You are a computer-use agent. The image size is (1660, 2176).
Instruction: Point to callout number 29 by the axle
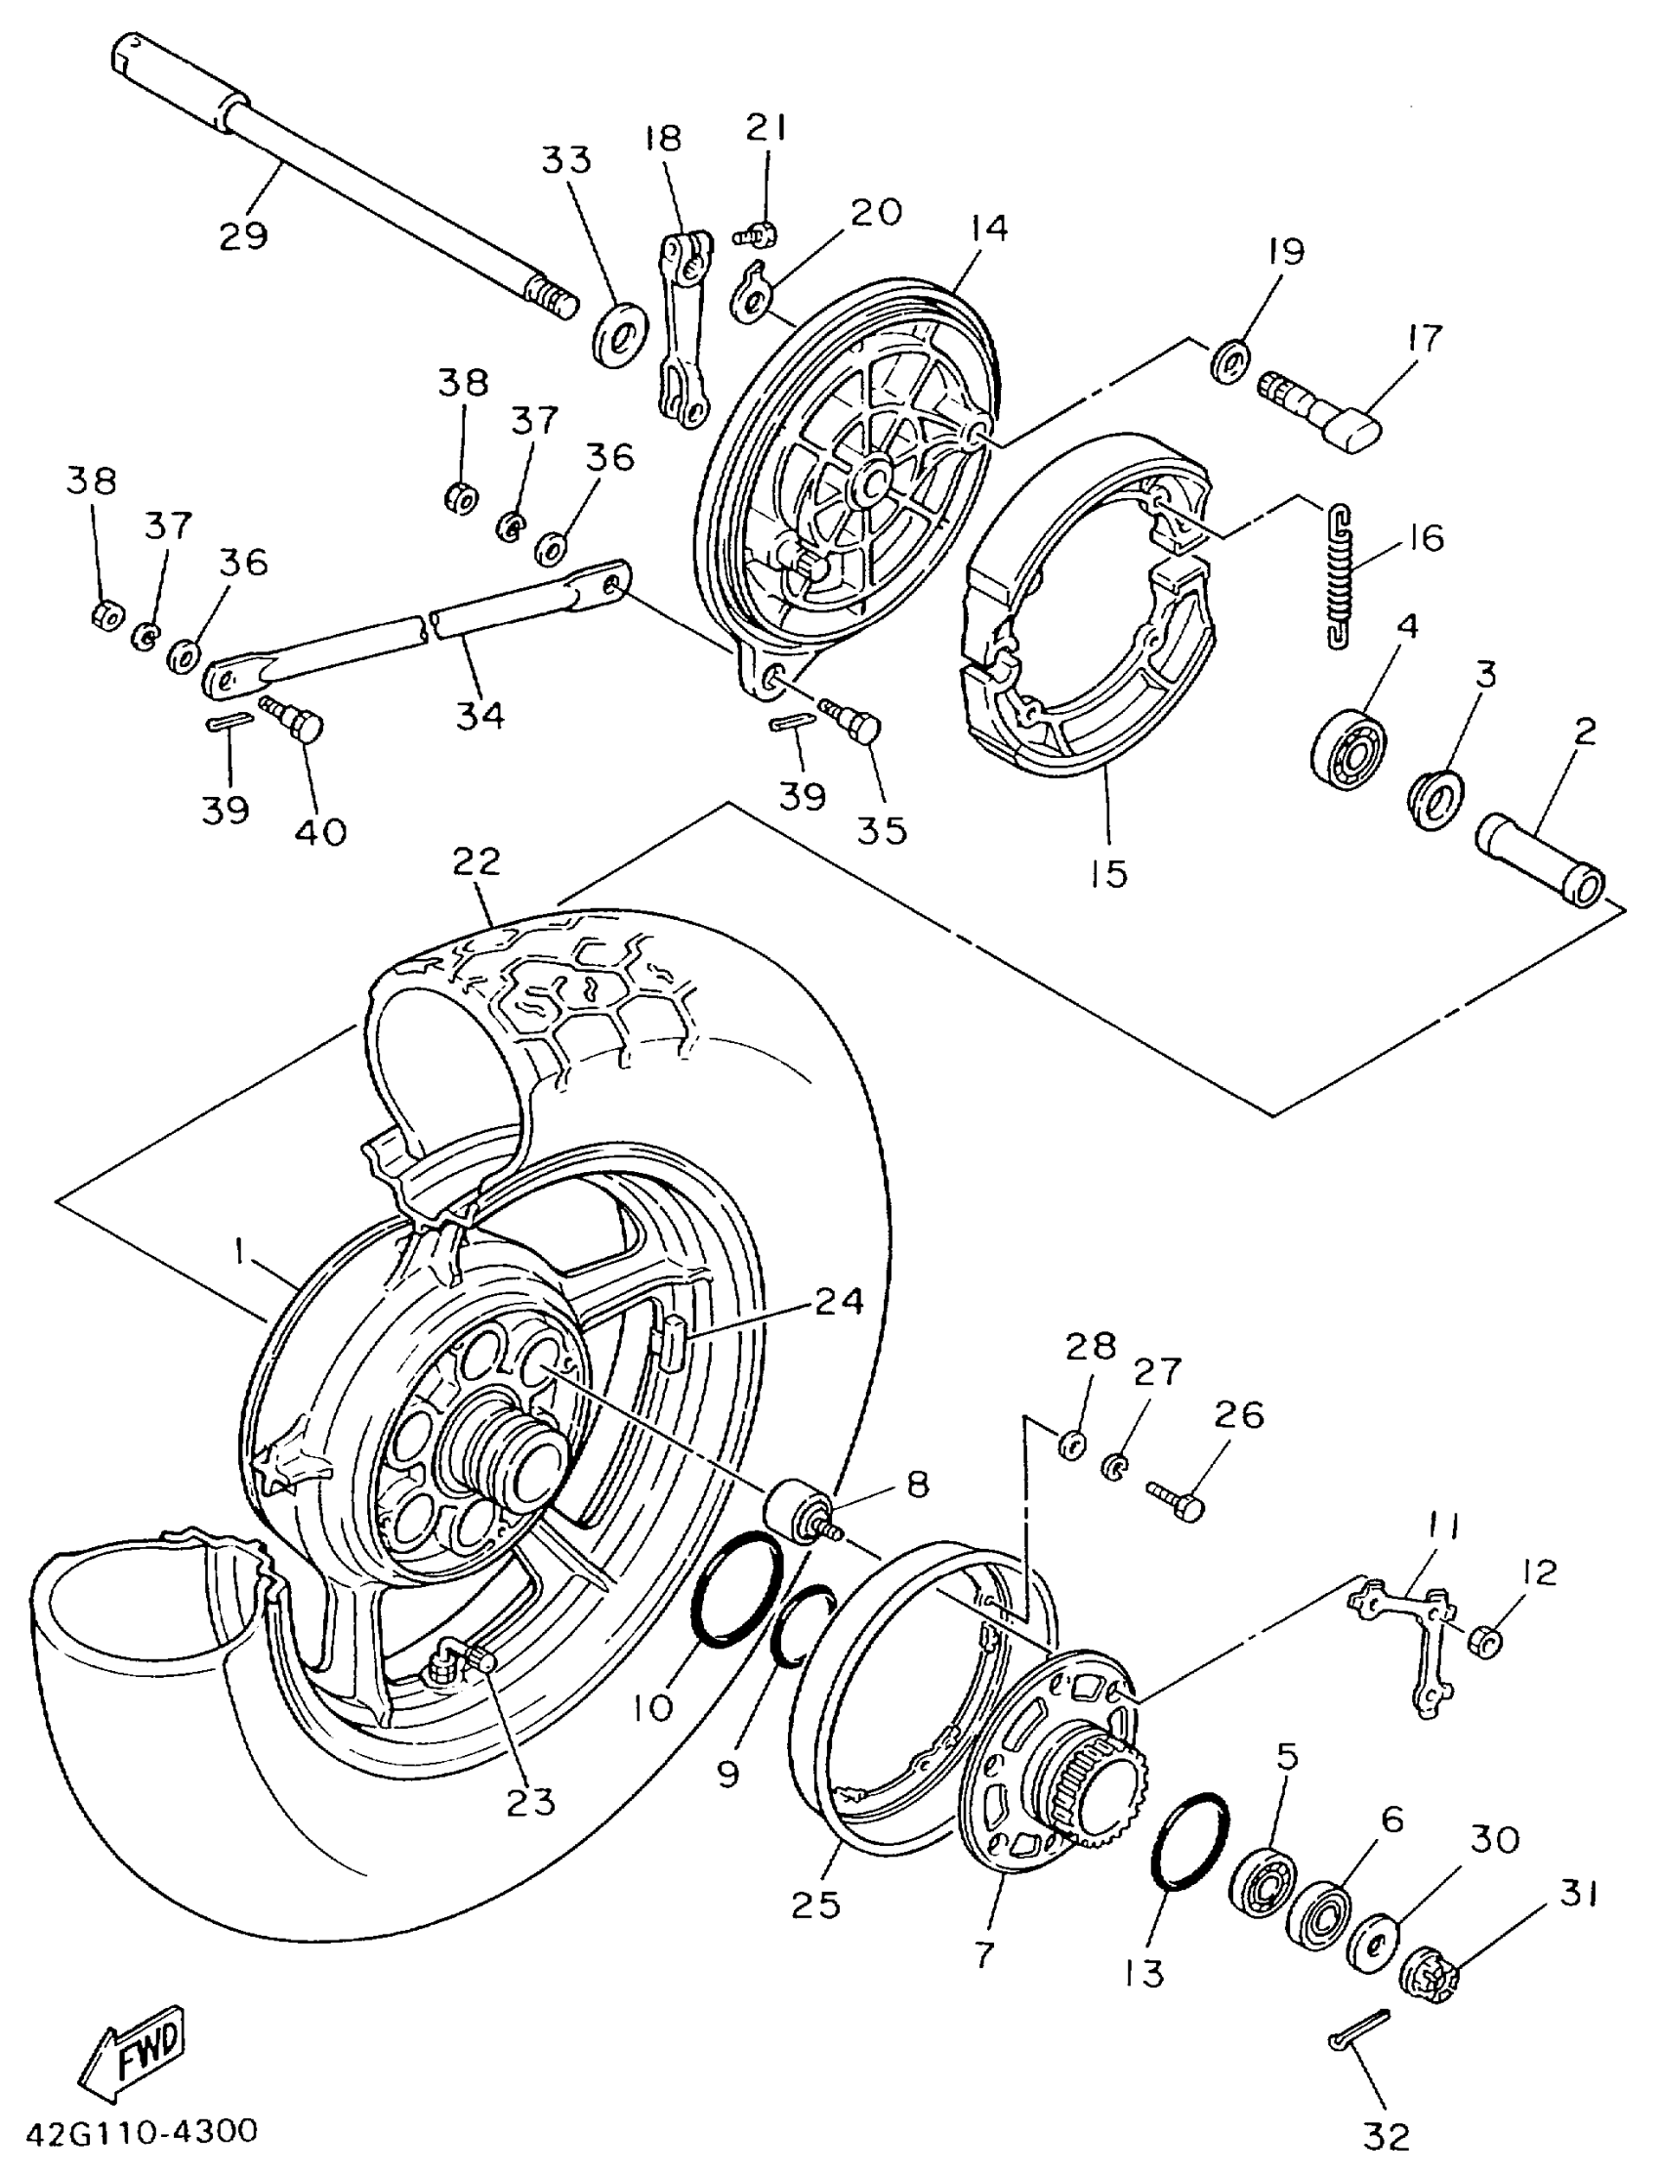(x=243, y=236)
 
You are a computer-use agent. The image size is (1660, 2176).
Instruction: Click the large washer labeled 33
(x=619, y=334)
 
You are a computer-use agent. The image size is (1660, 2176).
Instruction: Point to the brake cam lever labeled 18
(x=685, y=326)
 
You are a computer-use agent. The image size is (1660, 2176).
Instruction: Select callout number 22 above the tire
(x=477, y=861)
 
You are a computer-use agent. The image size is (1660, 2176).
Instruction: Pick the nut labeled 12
(x=1482, y=1642)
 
